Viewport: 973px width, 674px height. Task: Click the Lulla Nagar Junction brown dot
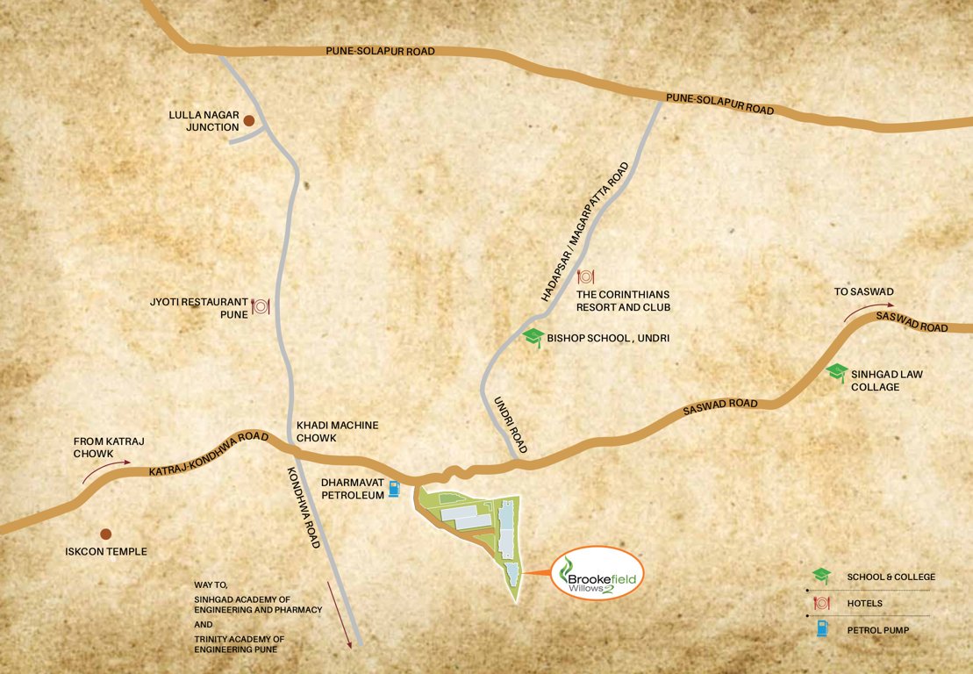pyautogui.click(x=248, y=121)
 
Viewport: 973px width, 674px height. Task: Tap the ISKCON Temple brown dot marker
pyautogui.click(x=106, y=534)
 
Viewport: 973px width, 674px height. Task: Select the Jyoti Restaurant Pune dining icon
pyautogui.click(x=260, y=306)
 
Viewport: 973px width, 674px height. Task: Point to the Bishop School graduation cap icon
pyautogui.click(x=533, y=338)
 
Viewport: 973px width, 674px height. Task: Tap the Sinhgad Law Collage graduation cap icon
pyautogui.click(x=837, y=373)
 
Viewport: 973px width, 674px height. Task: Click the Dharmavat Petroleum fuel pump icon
pyautogui.click(x=395, y=488)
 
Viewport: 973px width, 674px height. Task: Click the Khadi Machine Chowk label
pyautogui.click(x=338, y=431)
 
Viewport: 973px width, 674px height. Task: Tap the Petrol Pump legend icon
pyautogui.click(x=821, y=628)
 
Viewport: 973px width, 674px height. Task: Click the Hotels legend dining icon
pyautogui.click(x=821, y=603)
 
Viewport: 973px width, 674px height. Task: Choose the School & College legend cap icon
pyautogui.click(x=821, y=576)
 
